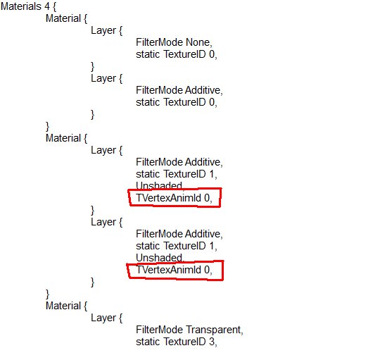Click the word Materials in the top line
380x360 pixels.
point(21,6)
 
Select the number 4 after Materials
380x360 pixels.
point(47,6)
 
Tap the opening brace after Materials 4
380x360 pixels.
point(54,7)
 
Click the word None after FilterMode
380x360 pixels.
point(198,42)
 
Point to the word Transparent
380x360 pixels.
point(213,330)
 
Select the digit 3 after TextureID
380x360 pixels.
point(212,342)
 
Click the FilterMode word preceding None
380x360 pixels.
point(159,42)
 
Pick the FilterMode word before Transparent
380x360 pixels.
point(159,330)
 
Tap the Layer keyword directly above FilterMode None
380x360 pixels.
point(103,31)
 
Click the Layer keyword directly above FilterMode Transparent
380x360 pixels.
point(103,318)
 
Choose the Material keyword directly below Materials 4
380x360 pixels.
point(63,19)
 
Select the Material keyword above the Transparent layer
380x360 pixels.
point(63,306)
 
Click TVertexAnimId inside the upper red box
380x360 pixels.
point(168,198)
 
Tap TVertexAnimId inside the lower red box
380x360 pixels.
point(168,270)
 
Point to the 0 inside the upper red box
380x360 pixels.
point(207,198)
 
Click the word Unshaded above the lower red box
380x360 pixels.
point(159,258)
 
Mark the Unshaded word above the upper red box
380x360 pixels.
point(159,186)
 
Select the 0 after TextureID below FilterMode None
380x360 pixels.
point(212,54)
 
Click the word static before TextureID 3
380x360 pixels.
point(148,342)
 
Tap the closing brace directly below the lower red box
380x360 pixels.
point(92,283)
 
